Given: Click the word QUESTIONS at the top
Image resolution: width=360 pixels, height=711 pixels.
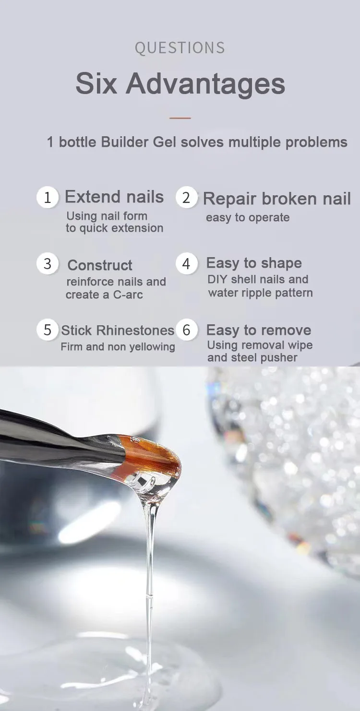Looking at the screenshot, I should pos(180,48).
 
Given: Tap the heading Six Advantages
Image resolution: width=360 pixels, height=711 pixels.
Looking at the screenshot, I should pos(180,84).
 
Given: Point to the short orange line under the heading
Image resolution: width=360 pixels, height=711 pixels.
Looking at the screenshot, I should pos(180,118).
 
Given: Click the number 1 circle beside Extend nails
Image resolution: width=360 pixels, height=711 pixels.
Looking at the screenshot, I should pos(48,198).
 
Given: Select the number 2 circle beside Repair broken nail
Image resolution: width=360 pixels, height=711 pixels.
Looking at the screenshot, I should pos(186,198).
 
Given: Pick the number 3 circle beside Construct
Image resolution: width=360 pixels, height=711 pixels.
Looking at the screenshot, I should pos(48,264).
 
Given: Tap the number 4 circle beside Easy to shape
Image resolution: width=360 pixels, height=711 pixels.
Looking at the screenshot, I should pos(186,264).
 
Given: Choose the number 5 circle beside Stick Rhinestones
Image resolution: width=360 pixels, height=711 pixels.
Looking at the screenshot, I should pos(48,330).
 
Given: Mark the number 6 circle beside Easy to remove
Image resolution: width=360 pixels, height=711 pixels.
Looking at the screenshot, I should pos(186,330).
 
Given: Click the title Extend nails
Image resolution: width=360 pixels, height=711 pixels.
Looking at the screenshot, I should pos(114,197).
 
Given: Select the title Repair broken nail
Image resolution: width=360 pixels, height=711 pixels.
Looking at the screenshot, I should pos(276,199).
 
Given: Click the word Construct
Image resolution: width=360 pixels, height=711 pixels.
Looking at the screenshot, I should pos(100,265).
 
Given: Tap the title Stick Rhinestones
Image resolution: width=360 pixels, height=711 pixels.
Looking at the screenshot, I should pos(118,331).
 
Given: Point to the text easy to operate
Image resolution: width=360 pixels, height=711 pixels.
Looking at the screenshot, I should pos(248,218).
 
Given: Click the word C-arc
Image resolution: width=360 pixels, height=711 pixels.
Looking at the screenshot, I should pos(128,295).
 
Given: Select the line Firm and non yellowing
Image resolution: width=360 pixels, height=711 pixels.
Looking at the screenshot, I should pos(118,347).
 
